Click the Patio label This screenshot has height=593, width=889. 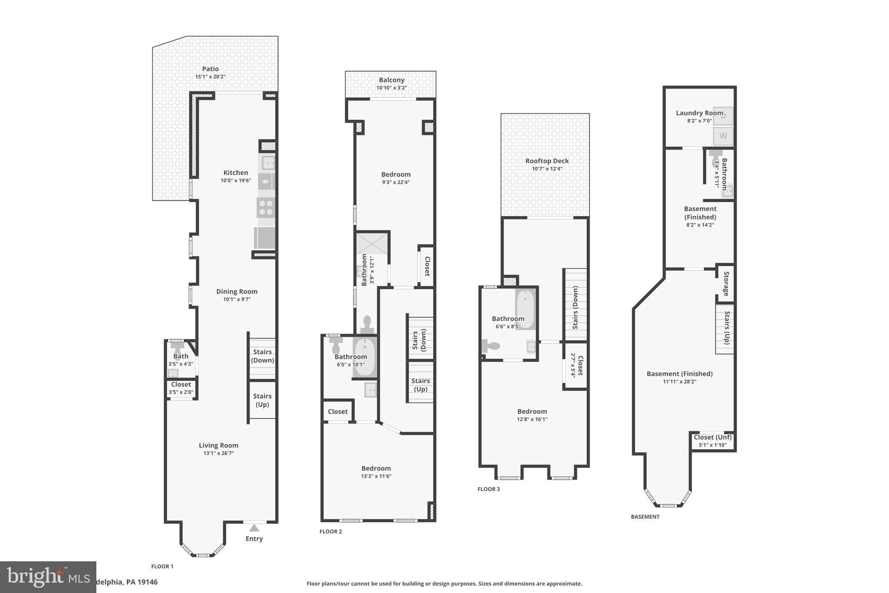[210, 69]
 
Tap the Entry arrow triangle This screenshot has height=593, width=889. [254, 528]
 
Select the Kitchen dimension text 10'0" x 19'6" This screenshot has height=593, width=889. [236, 180]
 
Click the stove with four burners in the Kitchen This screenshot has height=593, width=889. [266, 207]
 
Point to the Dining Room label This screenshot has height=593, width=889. [237, 292]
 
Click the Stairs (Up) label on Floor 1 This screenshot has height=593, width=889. [262, 400]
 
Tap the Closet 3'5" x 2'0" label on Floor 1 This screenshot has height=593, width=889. [181, 384]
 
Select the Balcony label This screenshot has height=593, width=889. [391, 80]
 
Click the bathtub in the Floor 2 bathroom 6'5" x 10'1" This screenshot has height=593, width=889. [364, 358]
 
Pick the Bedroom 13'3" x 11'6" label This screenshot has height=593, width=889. [376, 468]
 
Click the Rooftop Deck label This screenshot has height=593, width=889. [547, 161]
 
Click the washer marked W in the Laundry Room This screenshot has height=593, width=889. [723, 136]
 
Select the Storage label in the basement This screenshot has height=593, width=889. [726, 284]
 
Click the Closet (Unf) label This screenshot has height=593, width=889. [712, 437]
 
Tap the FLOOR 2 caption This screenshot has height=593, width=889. [331, 531]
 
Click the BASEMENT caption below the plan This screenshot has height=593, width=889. [645, 517]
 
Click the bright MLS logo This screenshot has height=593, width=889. [48, 577]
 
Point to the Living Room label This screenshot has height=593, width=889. [218, 445]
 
